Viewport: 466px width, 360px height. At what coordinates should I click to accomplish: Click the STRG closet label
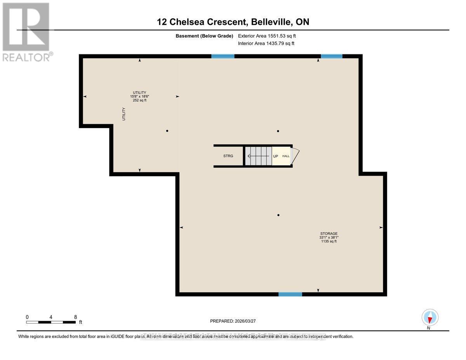pyautogui.click(x=228, y=156)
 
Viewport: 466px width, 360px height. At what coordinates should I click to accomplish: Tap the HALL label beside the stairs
pyautogui.click(x=286, y=156)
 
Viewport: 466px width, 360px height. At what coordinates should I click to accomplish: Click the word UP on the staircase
pyautogui.click(x=276, y=156)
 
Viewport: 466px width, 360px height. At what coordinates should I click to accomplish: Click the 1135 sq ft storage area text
pyautogui.click(x=329, y=241)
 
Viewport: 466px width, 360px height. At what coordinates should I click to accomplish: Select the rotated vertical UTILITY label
pyautogui.click(x=124, y=114)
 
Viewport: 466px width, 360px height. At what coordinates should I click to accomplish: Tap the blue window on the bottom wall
pyautogui.click(x=290, y=294)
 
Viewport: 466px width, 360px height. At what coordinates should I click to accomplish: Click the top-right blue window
pyautogui.click(x=332, y=56)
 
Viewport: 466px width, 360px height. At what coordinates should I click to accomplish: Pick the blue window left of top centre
pyautogui.click(x=223, y=56)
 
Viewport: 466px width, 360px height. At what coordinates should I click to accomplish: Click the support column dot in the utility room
pyautogui.click(x=167, y=131)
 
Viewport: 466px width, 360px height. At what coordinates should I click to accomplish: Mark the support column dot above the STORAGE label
pyautogui.click(x=278, y=215)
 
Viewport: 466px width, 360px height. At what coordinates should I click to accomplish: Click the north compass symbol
pyautogui.click(x=430, y=318)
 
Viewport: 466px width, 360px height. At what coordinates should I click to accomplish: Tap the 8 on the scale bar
pyautogui.click(x=75, y=317)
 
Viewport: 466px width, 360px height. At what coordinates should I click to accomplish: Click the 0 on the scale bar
pyautogui.click(x=27, y=317)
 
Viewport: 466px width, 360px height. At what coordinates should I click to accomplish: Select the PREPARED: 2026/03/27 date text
pyautogui.click(x=233, y=321)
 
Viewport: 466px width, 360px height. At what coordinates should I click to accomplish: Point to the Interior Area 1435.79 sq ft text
pyautogui.click(x=266, y=43)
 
